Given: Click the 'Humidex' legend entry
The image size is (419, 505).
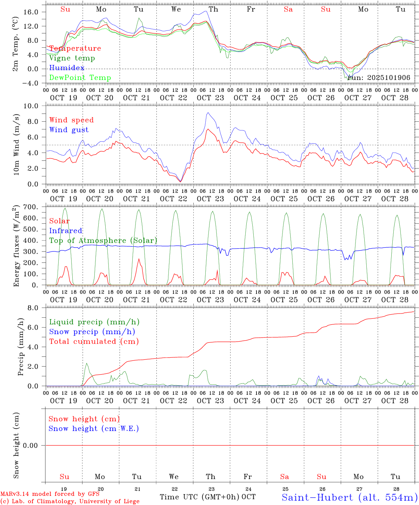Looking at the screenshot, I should pyautogui.click(x=67, y=68).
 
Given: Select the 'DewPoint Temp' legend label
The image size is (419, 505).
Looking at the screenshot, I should pyautogui.click(x=80, y=78).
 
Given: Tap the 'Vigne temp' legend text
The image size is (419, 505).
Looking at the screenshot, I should pyautogui.click(x=72, y=58).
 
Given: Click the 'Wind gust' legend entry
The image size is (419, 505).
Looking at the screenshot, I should pyautogui.click(x=69, y=130).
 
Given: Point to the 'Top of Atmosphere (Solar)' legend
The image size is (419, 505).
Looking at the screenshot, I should pyautogui.click(x=103, y=241).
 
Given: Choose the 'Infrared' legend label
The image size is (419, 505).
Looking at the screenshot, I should pyautogui.click(x=66, y=231).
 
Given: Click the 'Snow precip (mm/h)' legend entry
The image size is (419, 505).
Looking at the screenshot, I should pyautogui.click(x=92, y=332).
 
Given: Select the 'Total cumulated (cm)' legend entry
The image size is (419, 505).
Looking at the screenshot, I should pyautogui.click(x=94, y=342).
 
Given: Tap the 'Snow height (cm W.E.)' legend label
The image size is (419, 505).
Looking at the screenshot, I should pyautogui.click(x=94, y=429).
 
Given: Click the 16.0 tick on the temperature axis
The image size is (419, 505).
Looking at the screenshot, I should pyautogui.click(x=31, y=12).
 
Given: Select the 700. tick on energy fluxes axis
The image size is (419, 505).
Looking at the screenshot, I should pyautogui.click(x=31, y=207).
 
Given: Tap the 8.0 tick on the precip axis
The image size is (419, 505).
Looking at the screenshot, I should pyautogui.click(x=34, y=308).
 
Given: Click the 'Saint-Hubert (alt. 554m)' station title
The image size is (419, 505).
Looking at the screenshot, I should pyautogui.click(x=350, y=497).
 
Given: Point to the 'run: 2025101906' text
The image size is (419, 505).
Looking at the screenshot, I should pyautogui.click(x=379, y=78).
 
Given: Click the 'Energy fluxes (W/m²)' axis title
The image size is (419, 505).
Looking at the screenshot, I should pyautogui.click(x=16, y=247).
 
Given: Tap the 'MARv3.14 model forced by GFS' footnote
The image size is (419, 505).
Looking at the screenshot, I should pyautogui.click(x=50, y=494).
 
